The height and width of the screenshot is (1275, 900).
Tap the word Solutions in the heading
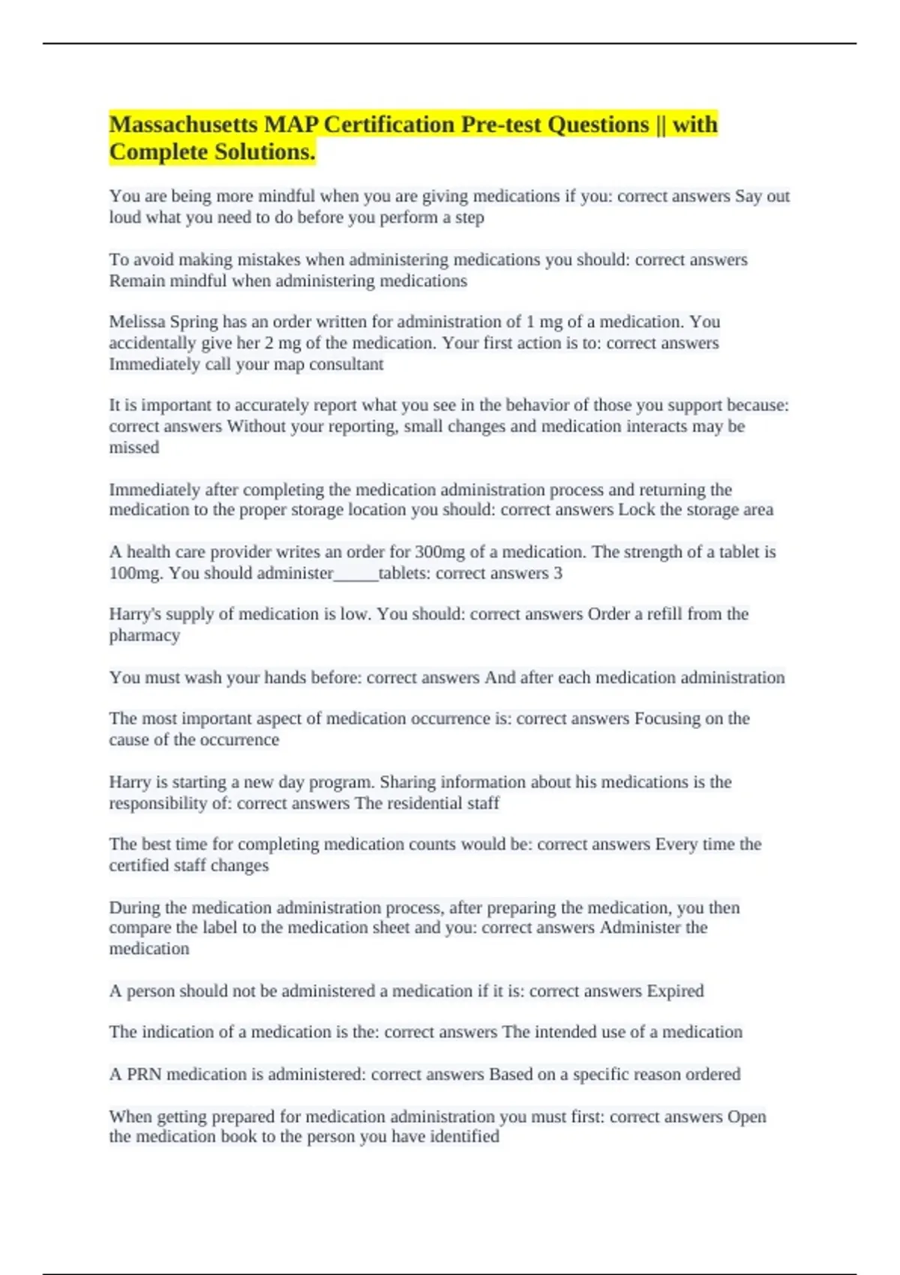coord(264,152)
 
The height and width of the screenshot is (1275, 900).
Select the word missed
coord(134,448)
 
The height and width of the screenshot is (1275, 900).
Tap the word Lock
coord(636,510)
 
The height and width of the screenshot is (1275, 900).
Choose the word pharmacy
coord(145,636)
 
